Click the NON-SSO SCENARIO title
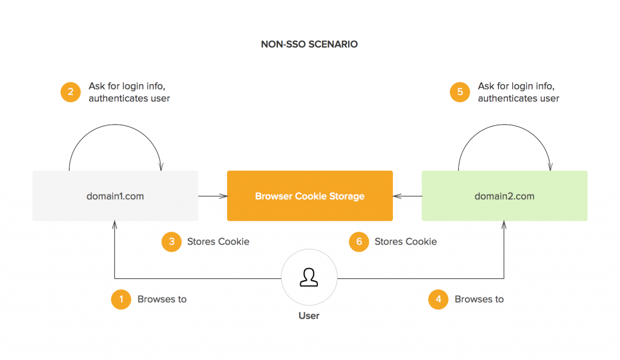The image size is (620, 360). tap(309, 44)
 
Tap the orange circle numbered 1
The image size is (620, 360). tap(121, 299)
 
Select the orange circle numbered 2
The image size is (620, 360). tap(70, 92)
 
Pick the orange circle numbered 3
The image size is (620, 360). tap(171, 241)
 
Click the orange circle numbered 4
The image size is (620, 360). tap(438, 299)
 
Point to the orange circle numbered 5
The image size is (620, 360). tap(460, 92)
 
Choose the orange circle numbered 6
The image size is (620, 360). tap(359, 241)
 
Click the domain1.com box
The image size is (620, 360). tap(115, 195)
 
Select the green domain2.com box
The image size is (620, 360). tap(504, 195)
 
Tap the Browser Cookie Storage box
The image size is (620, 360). tap(310, 195)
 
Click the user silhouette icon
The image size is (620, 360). tap(309, 277)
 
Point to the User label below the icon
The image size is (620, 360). tap(309, 316)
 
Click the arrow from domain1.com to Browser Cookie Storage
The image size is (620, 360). tap(213, 196)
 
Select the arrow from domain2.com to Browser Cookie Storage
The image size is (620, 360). tap(407, 196)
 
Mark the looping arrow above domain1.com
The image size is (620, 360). tap(115, 125)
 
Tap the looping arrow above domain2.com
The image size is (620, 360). tap(504, 125)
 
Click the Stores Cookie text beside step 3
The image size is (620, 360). tap(218, 241)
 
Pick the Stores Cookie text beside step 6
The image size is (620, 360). tap(406, 241)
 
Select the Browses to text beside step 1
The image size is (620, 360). tap(162, 299)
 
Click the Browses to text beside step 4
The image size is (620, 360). tap(480, 299)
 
